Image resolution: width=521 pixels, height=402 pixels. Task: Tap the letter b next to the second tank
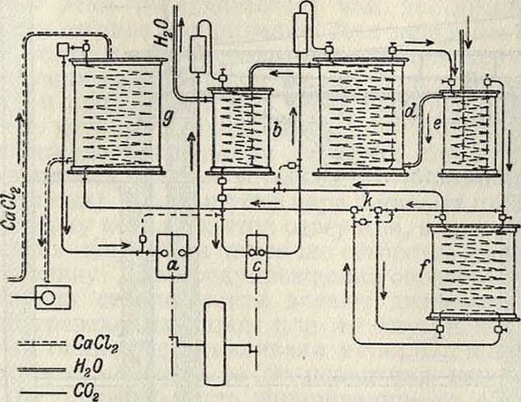tap(277, 128)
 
